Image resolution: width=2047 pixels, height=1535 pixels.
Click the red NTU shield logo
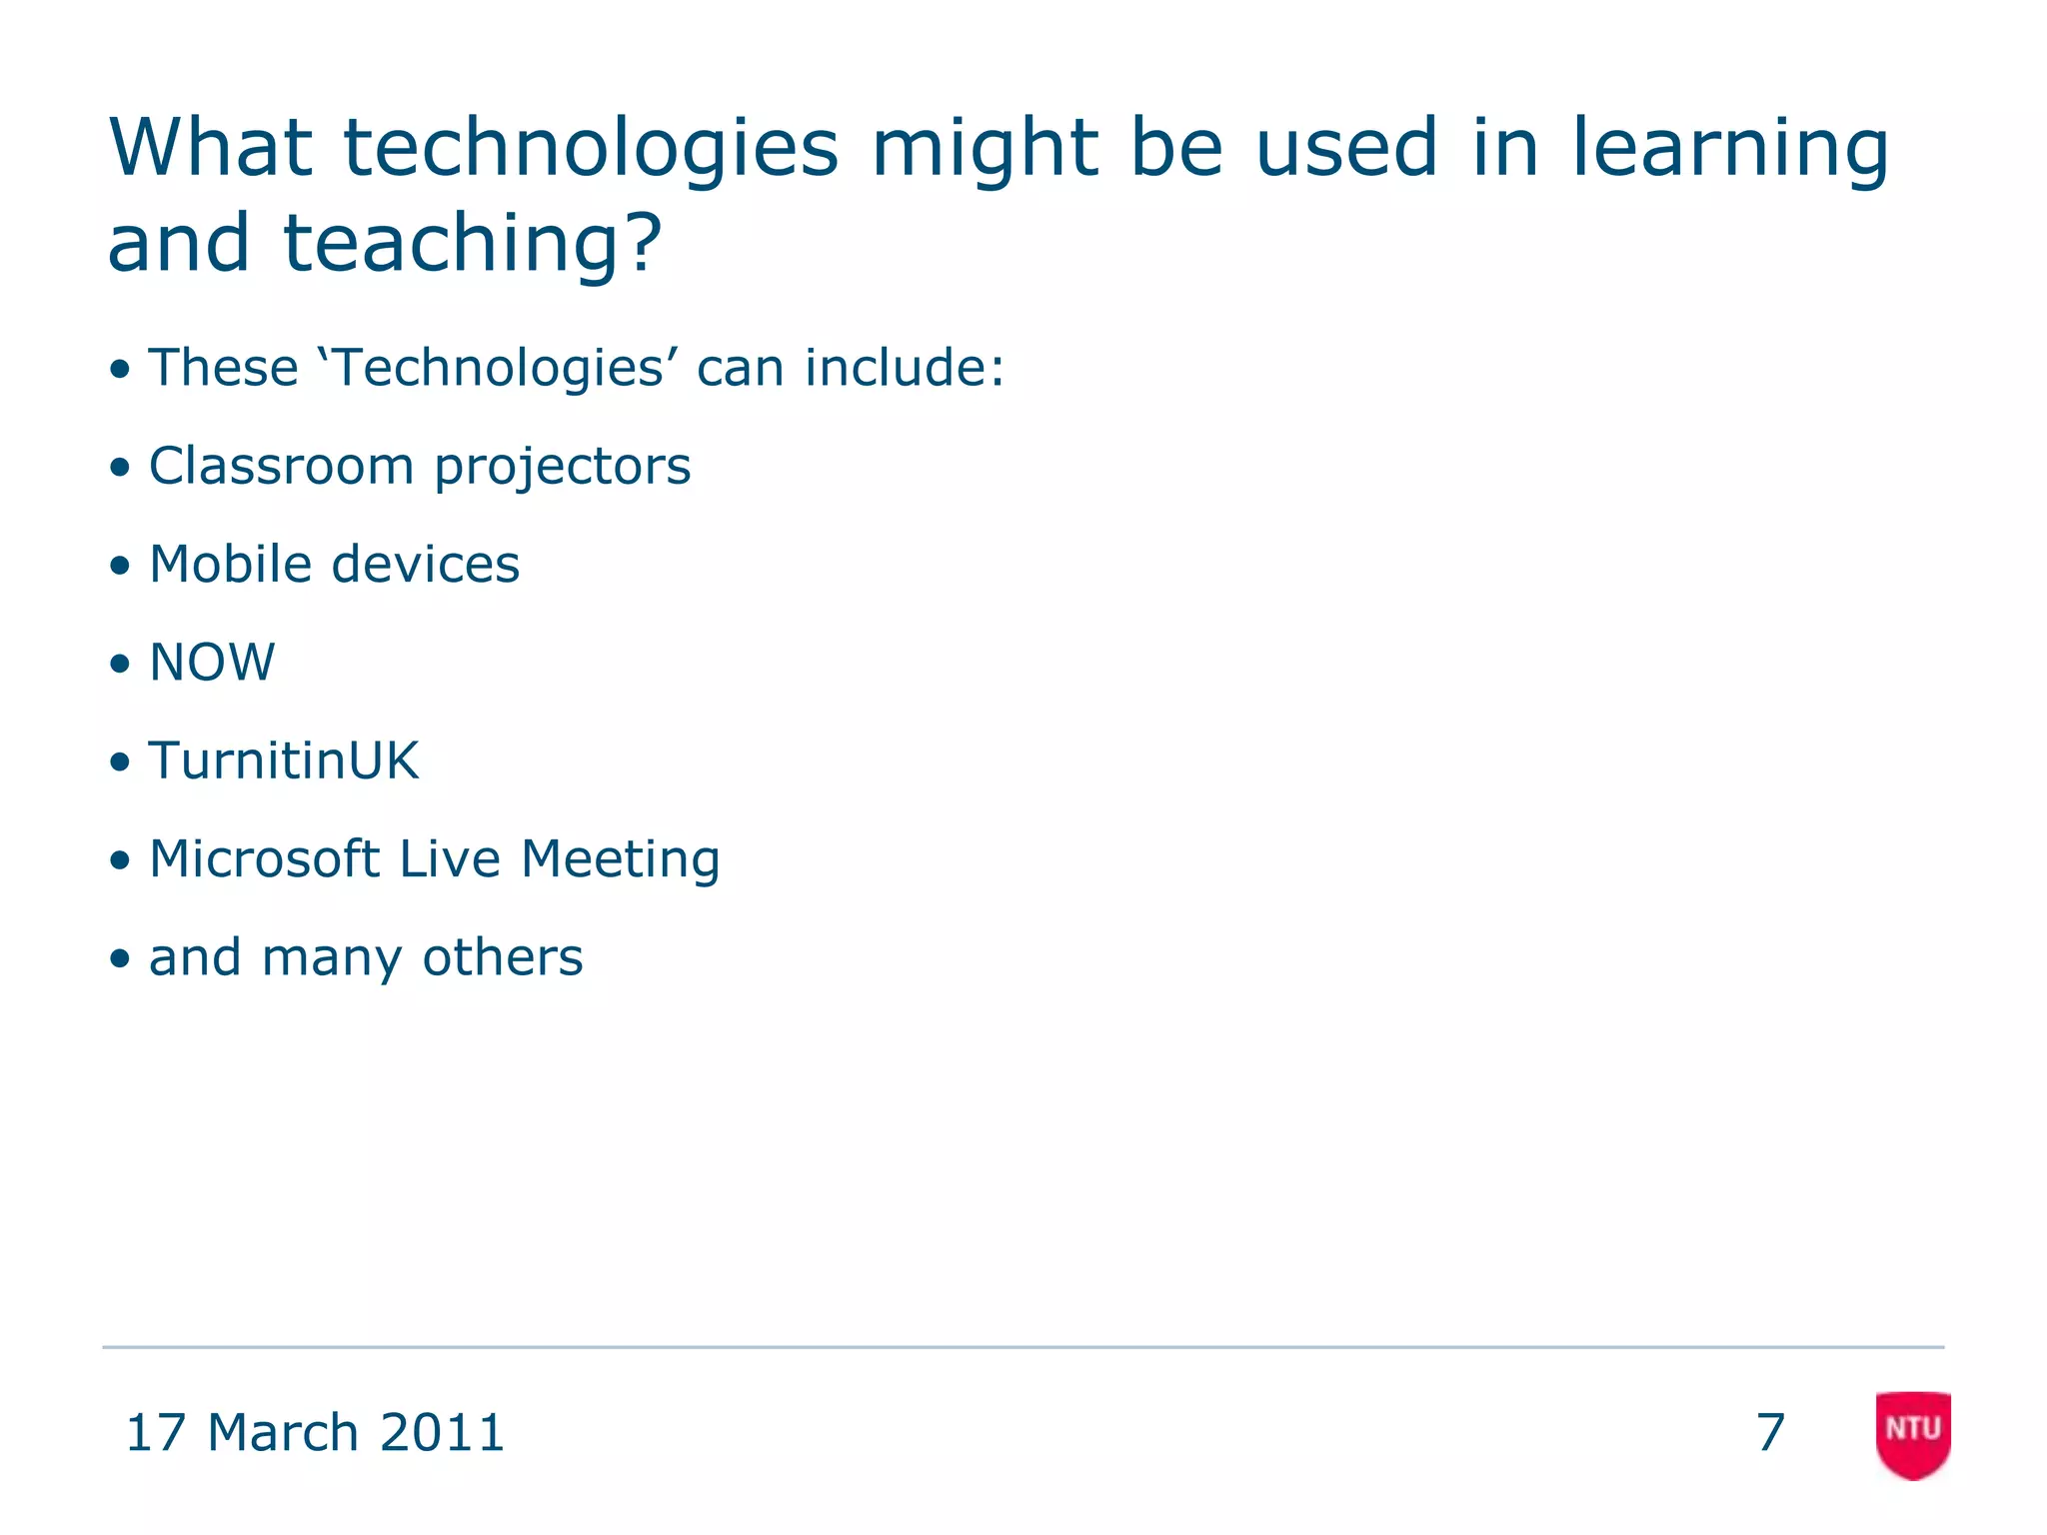click(1913, 1433)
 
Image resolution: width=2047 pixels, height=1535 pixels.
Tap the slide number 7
click(1770, 1433)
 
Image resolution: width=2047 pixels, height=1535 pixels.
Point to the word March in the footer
click(283, 1433)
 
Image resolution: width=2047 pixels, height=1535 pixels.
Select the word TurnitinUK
click(284, 761)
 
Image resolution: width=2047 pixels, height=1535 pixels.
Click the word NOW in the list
click(212, 663)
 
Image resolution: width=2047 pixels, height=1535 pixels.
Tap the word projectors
click(562, 467)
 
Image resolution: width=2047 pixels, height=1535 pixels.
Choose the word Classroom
click(281, 467)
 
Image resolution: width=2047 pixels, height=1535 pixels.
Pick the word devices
click(426, 565)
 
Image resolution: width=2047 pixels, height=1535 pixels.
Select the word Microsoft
click(264, 859)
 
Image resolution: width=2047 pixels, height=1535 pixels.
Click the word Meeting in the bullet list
click(620, 859)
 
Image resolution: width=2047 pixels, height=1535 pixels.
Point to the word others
click(503, 957)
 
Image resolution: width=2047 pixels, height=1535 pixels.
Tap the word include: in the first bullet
click(905, 368)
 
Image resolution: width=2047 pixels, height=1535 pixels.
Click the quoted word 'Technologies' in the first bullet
click(497, 368)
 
